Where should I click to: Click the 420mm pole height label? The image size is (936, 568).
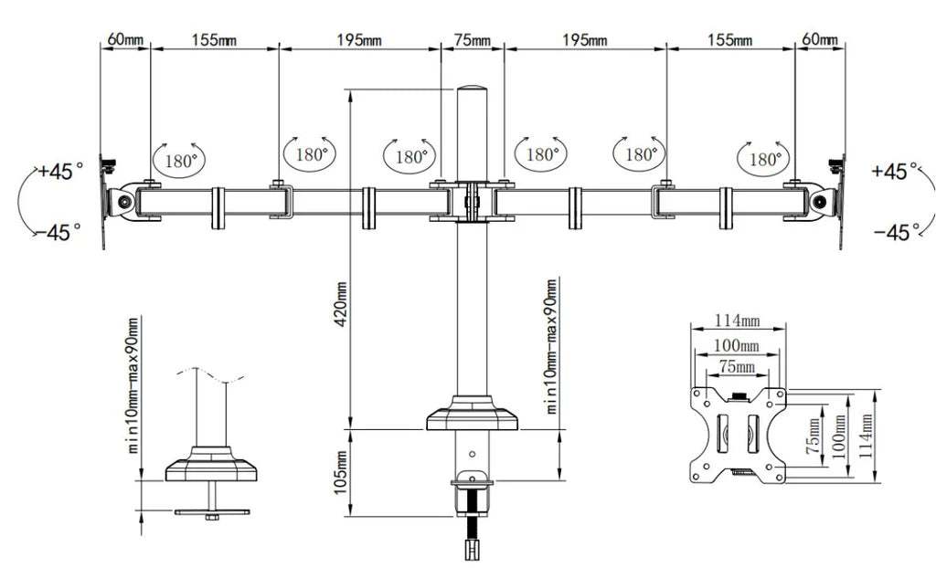(341, 304)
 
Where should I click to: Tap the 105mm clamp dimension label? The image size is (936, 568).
(340, 472)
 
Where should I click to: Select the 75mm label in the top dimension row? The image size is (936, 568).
(473, 40)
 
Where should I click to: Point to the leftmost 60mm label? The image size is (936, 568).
(125, 39)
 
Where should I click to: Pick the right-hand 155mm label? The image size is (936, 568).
(730, 40)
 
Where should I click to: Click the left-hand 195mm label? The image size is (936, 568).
(359, 40)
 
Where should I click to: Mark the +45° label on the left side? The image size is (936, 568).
(61, 172)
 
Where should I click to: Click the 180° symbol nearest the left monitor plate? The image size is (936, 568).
(180, 161)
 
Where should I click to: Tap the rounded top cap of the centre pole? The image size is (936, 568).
(472, 91)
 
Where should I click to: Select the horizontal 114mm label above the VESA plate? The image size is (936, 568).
(738, 321)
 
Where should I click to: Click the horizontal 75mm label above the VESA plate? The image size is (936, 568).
(738, 366)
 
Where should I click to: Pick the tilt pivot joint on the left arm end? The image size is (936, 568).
(124, 201)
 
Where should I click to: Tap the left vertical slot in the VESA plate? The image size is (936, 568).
(723, 433)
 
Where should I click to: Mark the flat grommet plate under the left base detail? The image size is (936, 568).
(212, 512)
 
